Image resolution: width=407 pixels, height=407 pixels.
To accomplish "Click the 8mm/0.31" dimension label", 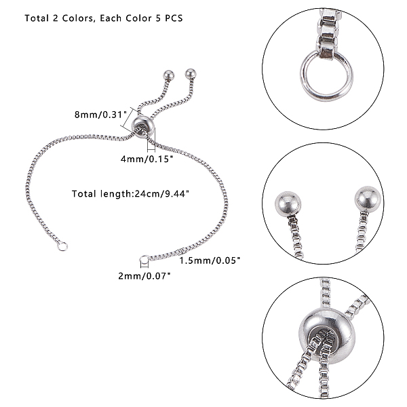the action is (100, 115).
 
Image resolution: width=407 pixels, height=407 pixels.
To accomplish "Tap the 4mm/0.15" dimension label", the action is (147, 159).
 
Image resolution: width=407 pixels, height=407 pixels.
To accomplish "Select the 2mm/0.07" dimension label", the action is (144, 276).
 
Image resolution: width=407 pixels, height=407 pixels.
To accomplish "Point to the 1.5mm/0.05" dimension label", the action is (210, 260).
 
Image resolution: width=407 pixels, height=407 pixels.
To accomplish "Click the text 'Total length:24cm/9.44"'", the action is (130, 193).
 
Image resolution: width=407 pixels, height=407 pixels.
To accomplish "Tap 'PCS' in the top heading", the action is (174, 18).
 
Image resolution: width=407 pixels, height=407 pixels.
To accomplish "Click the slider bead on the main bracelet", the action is (143, 127).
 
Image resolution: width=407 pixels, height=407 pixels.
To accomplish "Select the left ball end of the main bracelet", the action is (169, 75).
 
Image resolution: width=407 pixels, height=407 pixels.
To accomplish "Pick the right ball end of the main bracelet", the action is (191, 74).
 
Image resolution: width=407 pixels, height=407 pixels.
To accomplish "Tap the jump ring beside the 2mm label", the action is (144, 260).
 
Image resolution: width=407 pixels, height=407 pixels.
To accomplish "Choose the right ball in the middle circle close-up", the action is (368, 199).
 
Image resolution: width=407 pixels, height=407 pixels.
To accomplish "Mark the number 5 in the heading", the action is (158, 18).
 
